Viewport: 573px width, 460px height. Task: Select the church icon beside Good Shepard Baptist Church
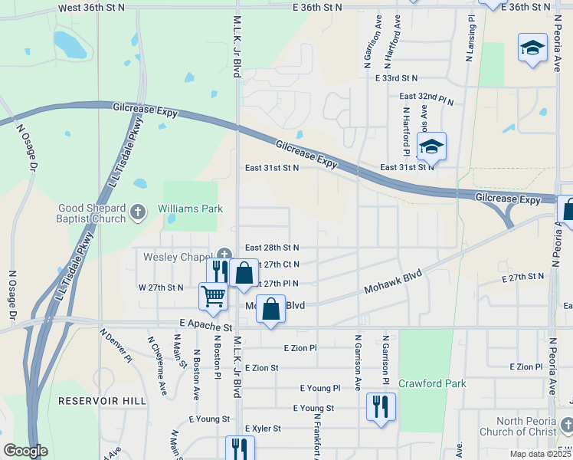pyautogui.click(x=138, y=212)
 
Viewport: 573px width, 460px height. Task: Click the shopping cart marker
pyautogui.click(x=214, y=296)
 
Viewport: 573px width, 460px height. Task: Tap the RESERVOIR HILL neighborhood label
pyautogui.click(x=101, y=401)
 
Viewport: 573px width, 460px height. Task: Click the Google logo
pyautogui.click(x=25, y=451)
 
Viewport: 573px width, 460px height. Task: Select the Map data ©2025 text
pyautogui.click(x=539, y=454)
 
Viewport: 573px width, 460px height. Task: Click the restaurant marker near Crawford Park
pyautogui.click(x=381, y=406)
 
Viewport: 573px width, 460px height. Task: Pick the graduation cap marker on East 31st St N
pyautogui.click(x=432, y=146)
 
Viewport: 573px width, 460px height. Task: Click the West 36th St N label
pyautogui.click(x=91, y=6)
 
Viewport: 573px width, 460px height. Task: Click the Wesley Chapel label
pyautogui.click(x=176, y=256)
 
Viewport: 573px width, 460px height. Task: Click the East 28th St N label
pyautogui.click(x=271, y=248)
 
